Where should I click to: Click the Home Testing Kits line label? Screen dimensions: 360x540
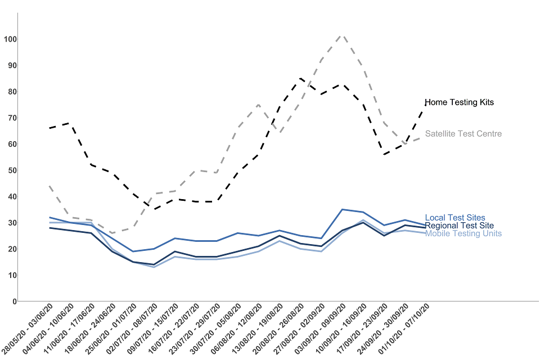pyautogui.click(x=459, y=102)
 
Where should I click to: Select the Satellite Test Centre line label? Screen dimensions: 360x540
pyautogui.click(x=463, y=134)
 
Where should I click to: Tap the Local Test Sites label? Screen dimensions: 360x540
pyautogui.click(x=454, y=218)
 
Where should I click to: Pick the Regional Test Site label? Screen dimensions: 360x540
pyautogui.click(x=459, y=226)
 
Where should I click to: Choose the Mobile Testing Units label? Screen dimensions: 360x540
pyautogui.click(x=463, y=233)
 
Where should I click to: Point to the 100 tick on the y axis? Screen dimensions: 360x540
pyautogui.click(x=10, y=39)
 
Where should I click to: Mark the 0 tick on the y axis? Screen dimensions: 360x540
pyautogui.click(x=14, y=301)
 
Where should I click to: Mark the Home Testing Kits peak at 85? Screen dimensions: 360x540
pyautogui.click(x=300, y=78)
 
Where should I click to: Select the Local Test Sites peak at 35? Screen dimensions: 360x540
pyautogui.click(x=342, y=209)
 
